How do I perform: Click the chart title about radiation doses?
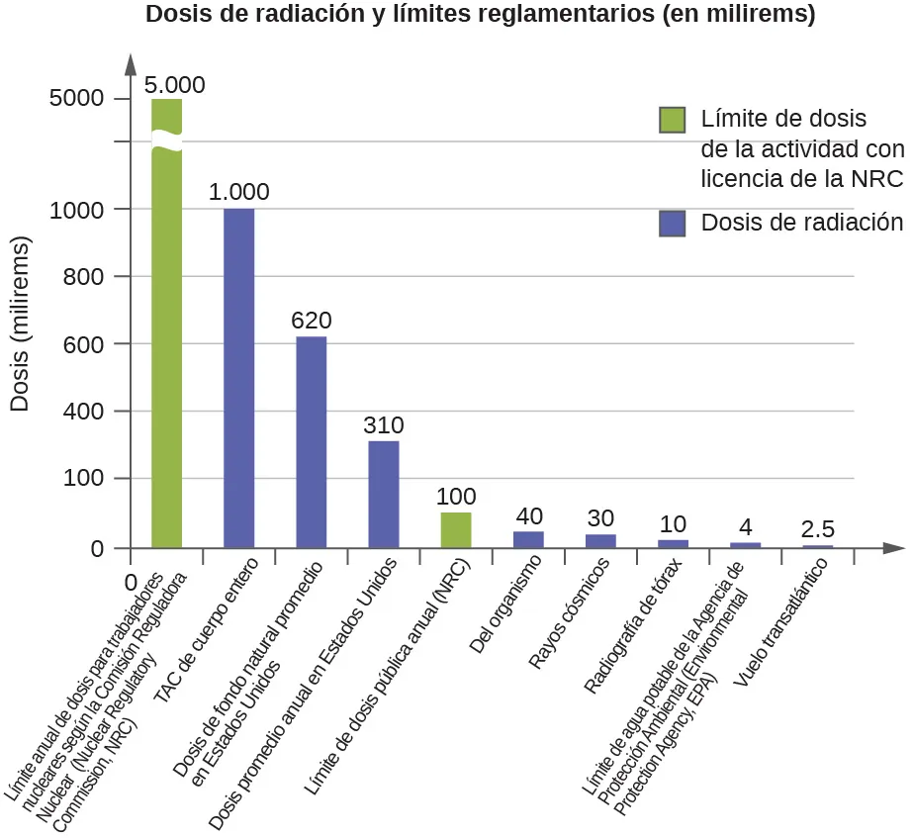click(x=480, y=16)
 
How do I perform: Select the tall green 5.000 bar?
click(x=166, y=326)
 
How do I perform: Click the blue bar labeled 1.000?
click(x=238, y=378)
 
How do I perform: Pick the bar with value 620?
click(x=311, y=442)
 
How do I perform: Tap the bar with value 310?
click(x=384, y=494)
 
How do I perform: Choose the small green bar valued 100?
click(x=456, y=530)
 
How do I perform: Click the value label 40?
click(x=529, y=515)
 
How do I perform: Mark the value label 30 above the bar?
click(x=601, y=518)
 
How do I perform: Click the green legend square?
click(x=673, y=120)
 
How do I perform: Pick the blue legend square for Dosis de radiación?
click(x=673, y=224)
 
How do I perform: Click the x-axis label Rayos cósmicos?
click(x=570, y=599)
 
